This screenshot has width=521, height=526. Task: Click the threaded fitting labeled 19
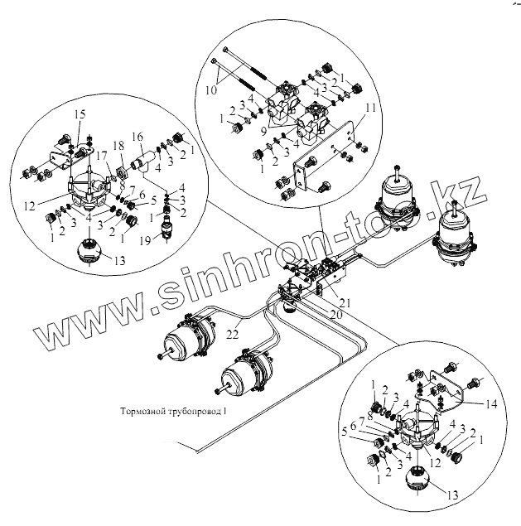[x=167, y=229]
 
